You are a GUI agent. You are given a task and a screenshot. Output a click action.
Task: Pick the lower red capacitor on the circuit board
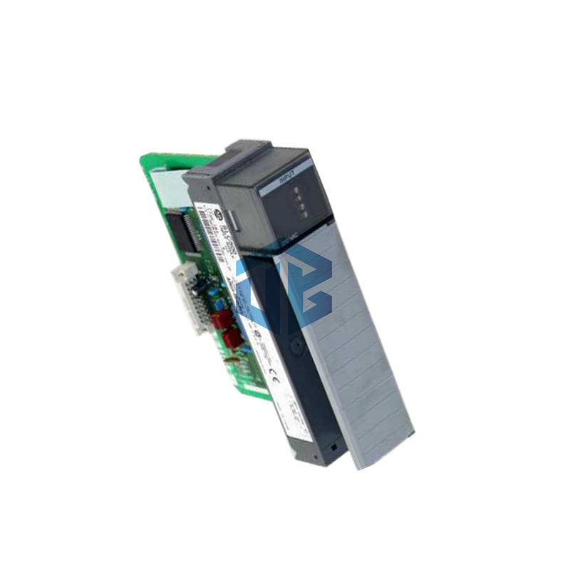point(230,336)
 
